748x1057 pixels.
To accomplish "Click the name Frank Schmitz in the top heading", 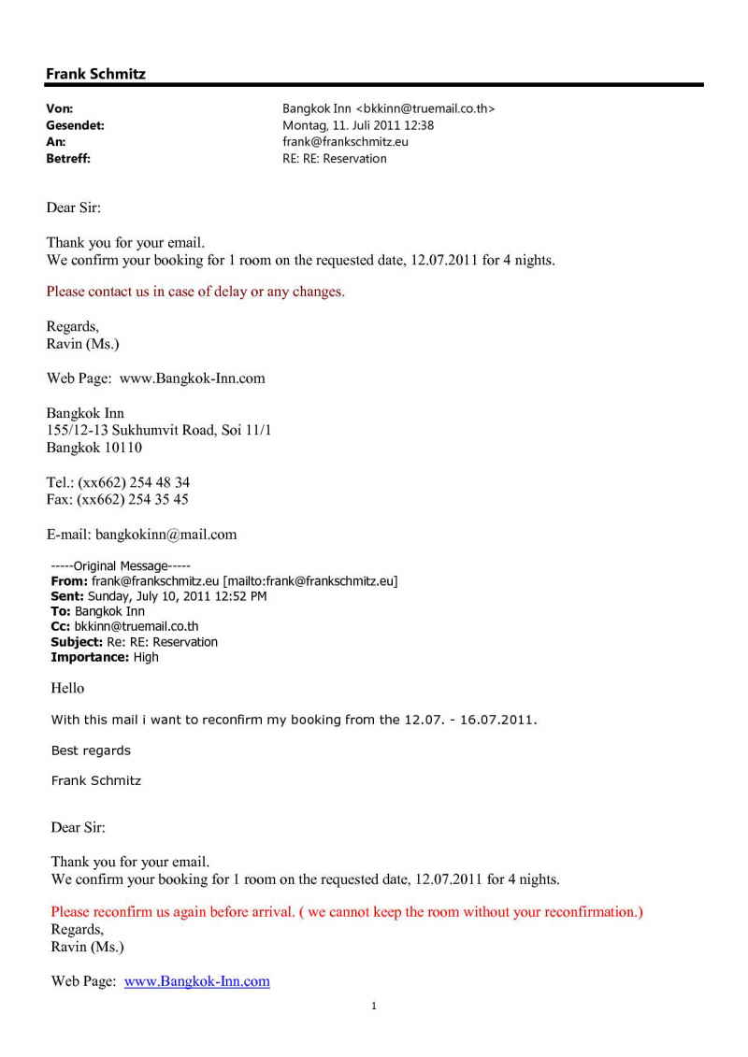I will click(95, 73).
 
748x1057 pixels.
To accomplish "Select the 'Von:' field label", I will click(60, 108).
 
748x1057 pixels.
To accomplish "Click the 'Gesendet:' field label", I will click(75, 125).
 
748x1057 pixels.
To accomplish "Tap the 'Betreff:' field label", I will click(68, 159).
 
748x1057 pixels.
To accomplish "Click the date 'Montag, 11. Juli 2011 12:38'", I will click(358, 125).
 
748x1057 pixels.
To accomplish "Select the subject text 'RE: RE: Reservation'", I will click(335, 159).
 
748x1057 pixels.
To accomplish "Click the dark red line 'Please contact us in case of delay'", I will click(195, 292).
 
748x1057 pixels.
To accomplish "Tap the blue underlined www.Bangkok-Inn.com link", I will click(197, 981).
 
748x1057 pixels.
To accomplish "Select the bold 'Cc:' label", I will click(60, 627).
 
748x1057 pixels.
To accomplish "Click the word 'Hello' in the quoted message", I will click(67, 688).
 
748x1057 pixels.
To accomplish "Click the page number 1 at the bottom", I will click(374, 1007).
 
